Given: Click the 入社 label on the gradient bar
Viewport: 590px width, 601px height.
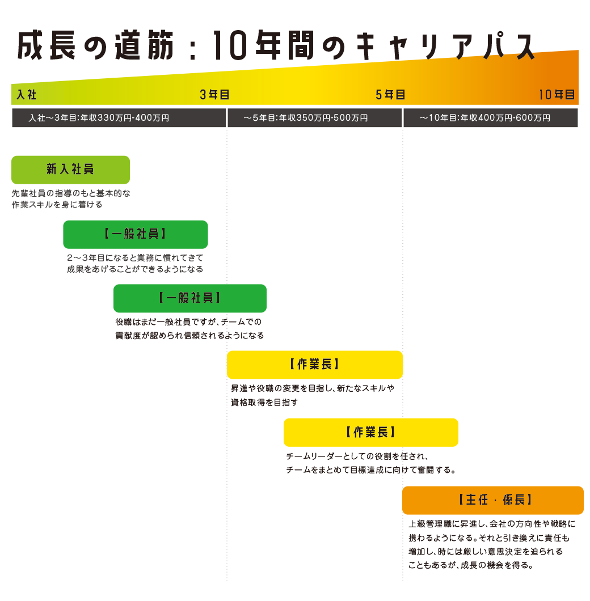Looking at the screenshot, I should (27, 95).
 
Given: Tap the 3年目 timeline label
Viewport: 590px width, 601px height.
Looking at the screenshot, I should (214, 95).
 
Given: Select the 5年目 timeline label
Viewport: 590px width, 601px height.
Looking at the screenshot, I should (390, 95).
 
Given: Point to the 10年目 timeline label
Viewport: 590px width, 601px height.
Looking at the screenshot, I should (557, 95).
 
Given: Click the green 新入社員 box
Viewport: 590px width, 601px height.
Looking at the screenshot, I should (70, 170).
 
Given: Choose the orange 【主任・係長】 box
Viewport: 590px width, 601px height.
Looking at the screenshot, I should (493, 500).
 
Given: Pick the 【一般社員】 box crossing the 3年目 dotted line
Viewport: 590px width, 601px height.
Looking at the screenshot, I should (190, 298).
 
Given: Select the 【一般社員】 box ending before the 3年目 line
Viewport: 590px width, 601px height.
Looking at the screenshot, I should (136, 234).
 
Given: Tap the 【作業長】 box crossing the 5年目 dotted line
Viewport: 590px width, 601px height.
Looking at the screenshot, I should (371, 432).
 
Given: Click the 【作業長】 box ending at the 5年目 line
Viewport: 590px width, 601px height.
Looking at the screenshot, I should (314, 365).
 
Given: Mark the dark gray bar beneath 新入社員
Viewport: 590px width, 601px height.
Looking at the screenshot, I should (71, 199).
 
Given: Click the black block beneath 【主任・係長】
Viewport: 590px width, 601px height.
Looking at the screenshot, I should (492, 544).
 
